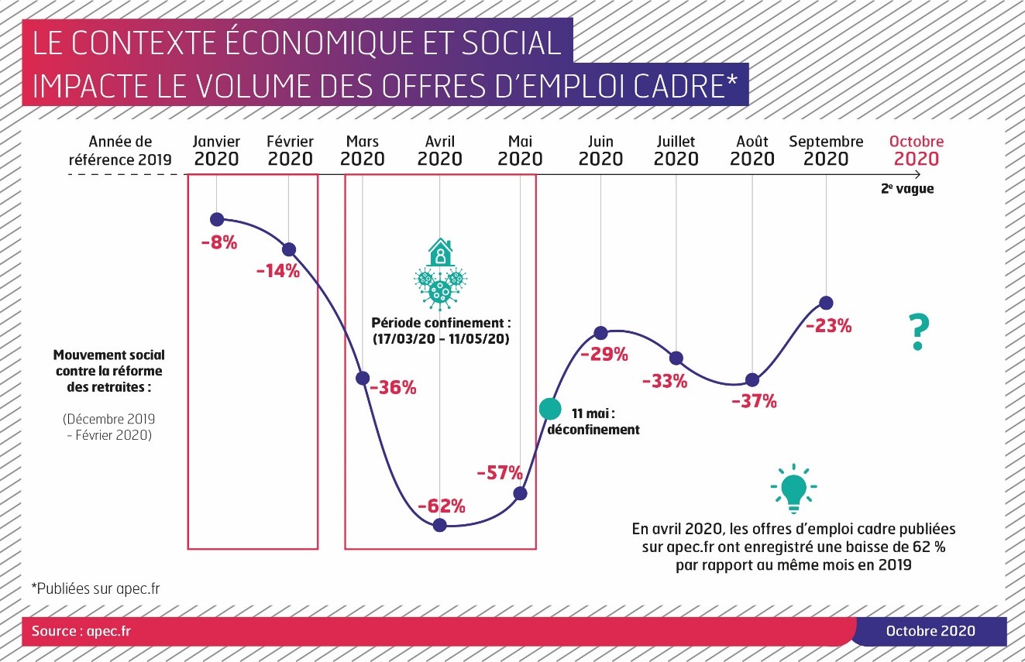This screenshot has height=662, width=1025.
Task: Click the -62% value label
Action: (441, 506)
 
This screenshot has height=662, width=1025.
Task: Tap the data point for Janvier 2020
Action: (217, 219)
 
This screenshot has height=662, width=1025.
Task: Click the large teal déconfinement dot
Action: (549, 408)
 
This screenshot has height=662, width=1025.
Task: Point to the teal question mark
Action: (918, 333)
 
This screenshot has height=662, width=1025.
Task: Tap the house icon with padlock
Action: (440, 252)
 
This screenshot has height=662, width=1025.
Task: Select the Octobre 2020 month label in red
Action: (917, 151)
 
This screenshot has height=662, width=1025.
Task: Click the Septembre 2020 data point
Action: (826, 302)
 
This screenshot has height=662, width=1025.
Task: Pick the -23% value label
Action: (828, 326)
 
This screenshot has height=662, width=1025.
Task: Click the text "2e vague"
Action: (906, 189)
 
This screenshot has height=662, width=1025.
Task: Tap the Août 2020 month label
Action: (752, 151)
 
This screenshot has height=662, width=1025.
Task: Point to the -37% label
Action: (754, 401)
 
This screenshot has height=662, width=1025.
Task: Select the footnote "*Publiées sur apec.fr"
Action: (95, 588)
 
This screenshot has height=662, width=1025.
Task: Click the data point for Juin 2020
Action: (600, 333)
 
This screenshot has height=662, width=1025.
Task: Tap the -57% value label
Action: (500, 472)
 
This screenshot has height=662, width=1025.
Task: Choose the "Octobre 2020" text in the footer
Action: (930, 631)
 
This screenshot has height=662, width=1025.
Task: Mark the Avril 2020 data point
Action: (440, 525)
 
